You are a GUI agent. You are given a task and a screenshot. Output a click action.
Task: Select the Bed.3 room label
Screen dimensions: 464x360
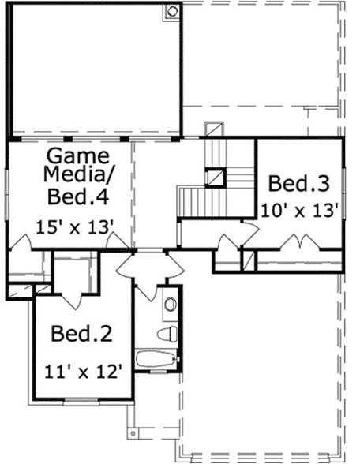(x=298, y=185)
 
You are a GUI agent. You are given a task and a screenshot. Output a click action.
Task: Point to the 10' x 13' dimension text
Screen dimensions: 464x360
(x=300, y=210)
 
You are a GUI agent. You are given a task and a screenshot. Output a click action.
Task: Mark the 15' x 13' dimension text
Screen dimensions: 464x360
(x=76, y=226)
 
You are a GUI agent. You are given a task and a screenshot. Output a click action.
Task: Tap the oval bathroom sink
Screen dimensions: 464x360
(x=168, y=304)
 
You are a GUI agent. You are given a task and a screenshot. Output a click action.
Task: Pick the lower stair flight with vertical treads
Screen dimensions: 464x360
(x=193, y=201)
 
